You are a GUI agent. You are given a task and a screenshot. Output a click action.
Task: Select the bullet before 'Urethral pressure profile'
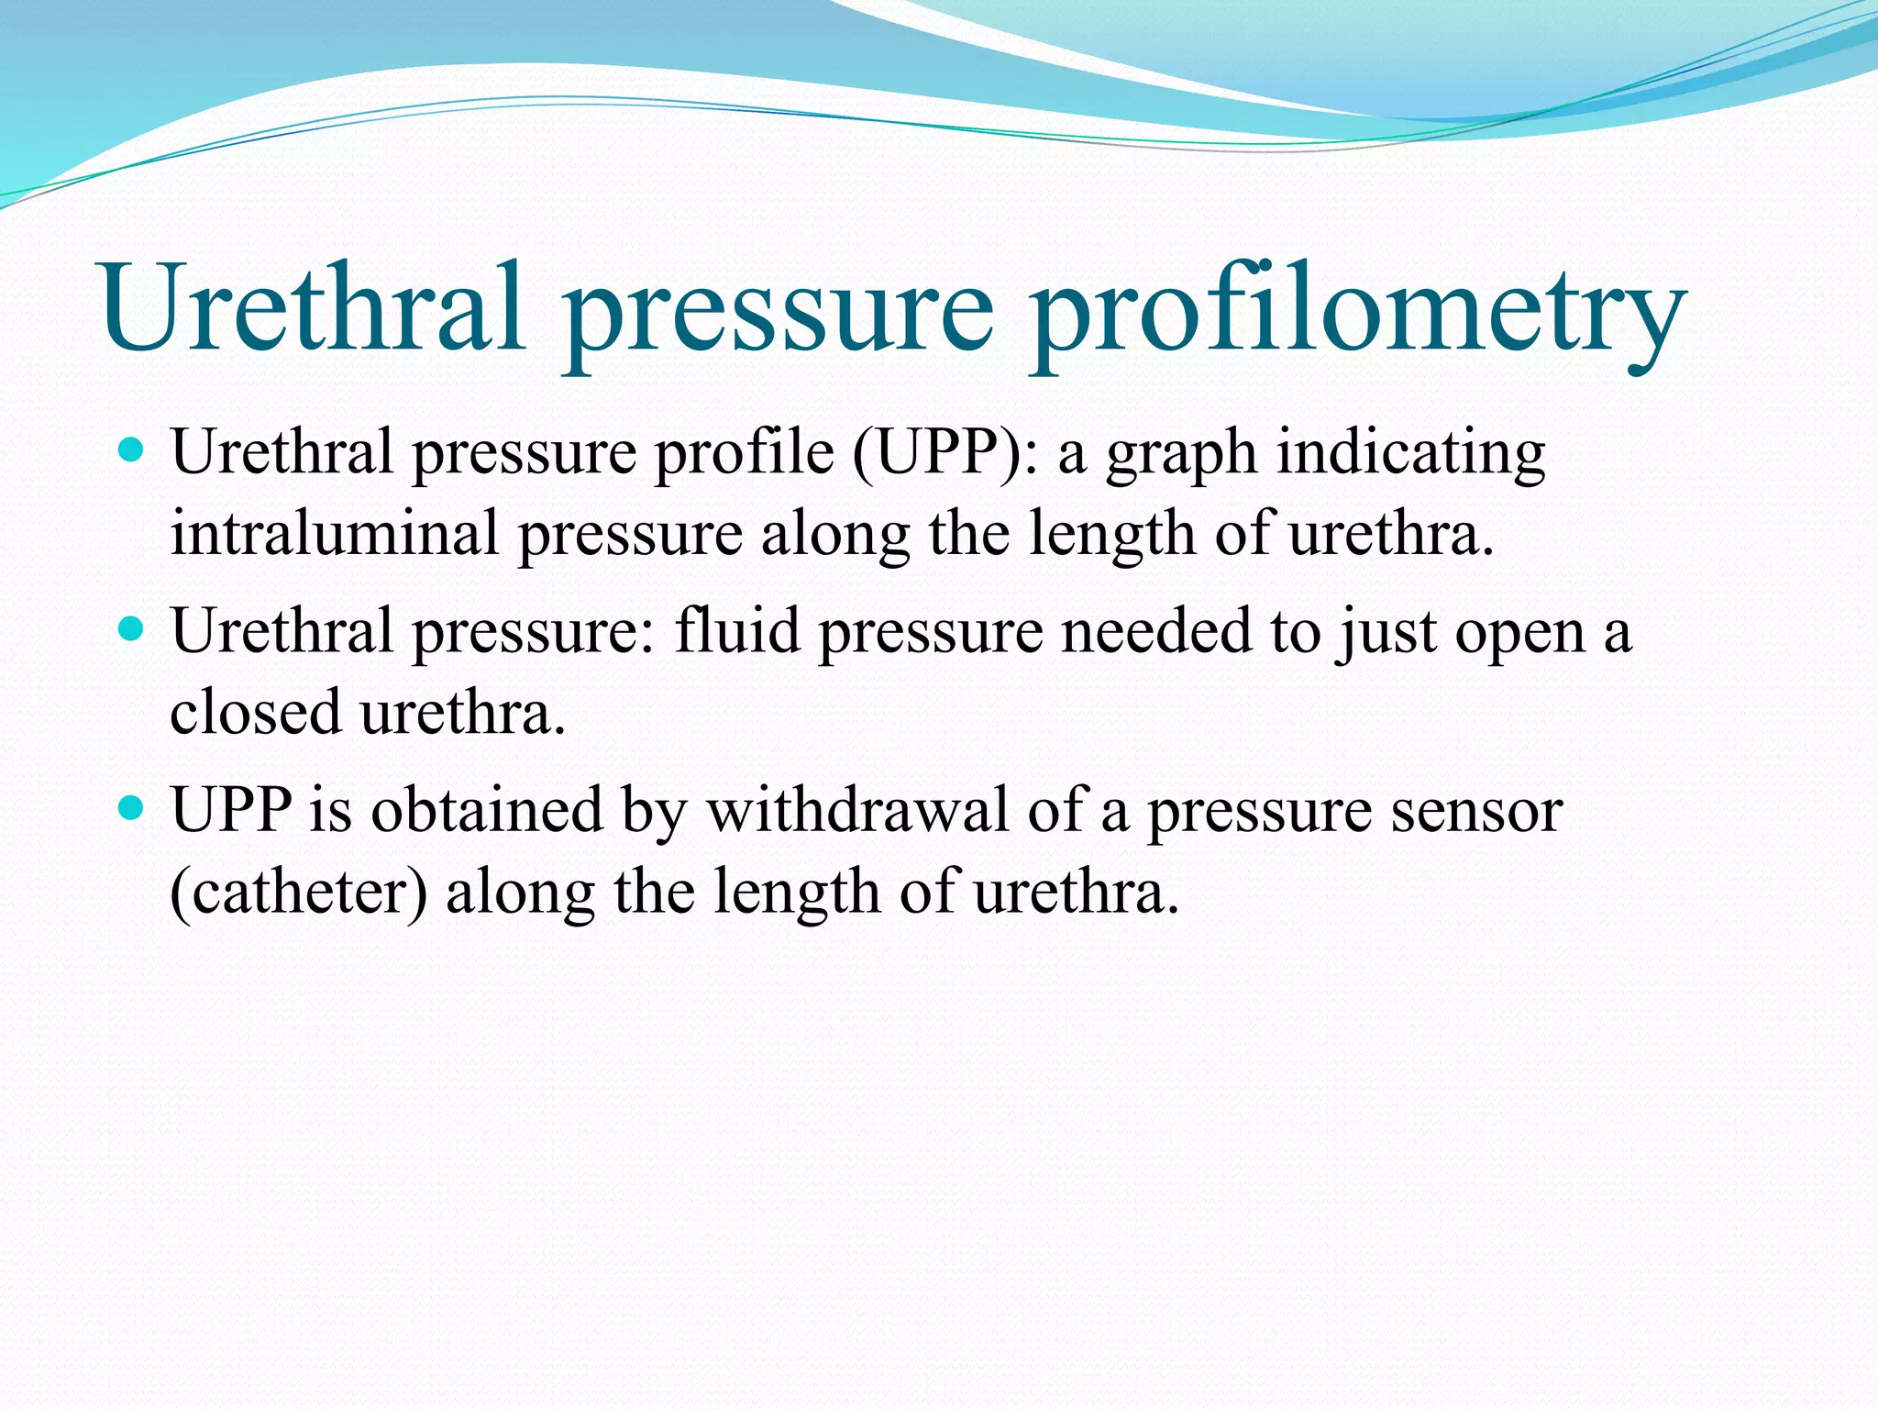pyautogui.click(x=133, y=450)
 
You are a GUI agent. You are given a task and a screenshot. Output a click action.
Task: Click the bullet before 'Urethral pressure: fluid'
pyautogui.click(x=133, y=629)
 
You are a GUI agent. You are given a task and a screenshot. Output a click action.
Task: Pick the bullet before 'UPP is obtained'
pyautogui.click(x=133, y=808)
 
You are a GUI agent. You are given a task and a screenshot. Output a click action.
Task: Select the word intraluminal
pyautogui.click(x=335, y=533)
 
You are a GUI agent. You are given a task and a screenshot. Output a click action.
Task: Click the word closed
pyautogui.click(x=255, y=712)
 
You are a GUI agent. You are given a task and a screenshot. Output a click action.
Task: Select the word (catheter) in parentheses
pyautogui.click(x=298, y=893)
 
